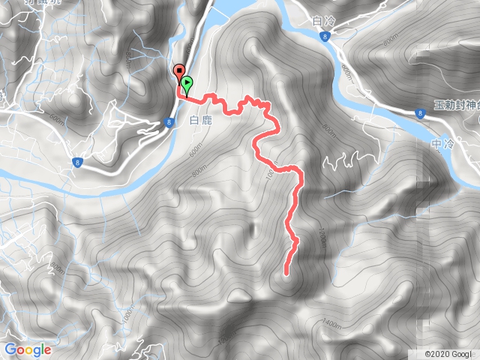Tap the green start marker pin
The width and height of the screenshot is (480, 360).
186,83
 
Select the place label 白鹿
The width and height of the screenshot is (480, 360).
202,120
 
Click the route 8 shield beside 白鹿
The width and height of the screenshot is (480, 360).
169,121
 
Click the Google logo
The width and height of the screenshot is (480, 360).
28,349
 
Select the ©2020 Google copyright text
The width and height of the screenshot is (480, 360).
448,354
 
